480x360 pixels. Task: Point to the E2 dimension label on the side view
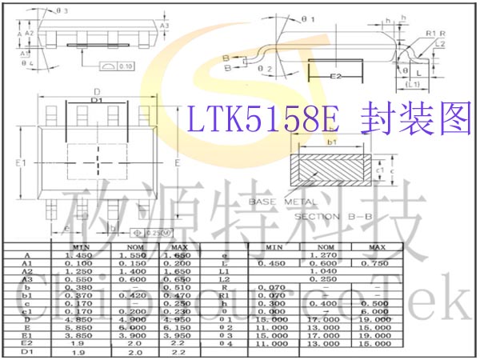click(336, 76)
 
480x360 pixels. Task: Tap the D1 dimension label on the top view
click(97, 101)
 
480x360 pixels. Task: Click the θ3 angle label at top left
click(62, 10)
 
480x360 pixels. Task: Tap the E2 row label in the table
click(28, 342)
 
